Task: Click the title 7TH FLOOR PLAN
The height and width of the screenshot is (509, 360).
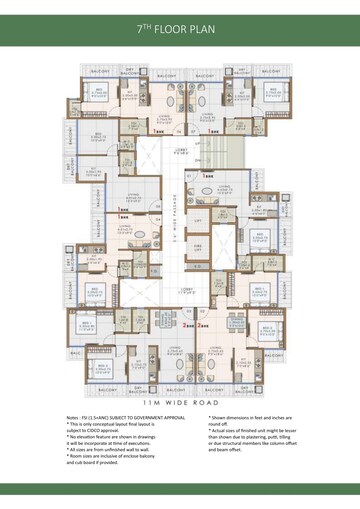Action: [x=180, y=32]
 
